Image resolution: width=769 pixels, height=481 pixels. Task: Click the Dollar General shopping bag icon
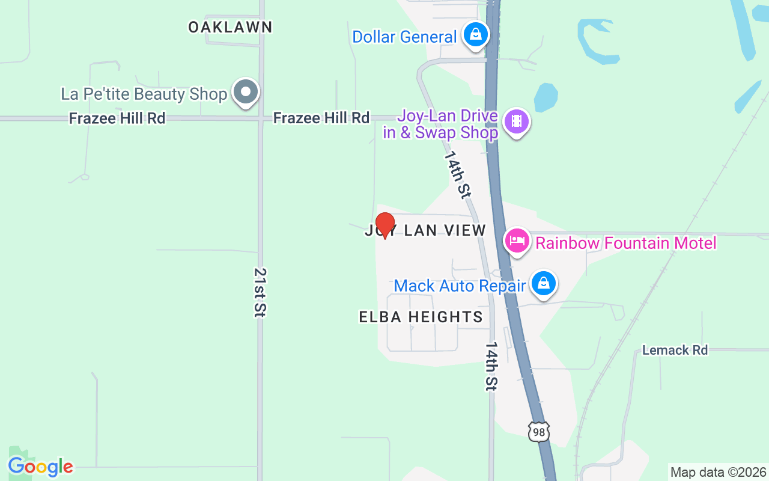(x=476, y=34)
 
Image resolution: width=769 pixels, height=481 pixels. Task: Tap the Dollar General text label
(x=404, y=37)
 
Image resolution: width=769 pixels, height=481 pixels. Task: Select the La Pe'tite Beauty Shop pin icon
(x=245, y=92)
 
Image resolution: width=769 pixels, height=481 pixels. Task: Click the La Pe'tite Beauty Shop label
(x=144, y=94)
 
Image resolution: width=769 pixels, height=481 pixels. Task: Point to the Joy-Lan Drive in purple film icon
(x=516, y=122)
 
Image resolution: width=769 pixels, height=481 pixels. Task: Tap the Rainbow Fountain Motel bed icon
(x=517, y=241)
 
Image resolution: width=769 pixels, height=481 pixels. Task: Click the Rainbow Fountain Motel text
(x=626, y=243)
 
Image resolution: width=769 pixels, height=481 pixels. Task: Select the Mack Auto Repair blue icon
(x=544, y=283)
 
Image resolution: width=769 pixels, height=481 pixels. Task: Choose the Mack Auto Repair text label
(x=460, y=286)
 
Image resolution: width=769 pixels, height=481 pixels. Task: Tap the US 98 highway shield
(x=539, y=432)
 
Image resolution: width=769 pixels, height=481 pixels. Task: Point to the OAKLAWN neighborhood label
(x=230, y=27)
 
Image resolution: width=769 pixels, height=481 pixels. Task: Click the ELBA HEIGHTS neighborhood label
(x=421, y=317)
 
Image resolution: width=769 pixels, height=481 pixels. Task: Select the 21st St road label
(x=260, y=292)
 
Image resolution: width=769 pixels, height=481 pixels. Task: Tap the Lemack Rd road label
(x=675, y=350)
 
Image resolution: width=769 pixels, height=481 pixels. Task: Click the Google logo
(x=40, y=467)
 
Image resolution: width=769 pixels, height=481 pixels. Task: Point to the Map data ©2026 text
(x=718, y=473)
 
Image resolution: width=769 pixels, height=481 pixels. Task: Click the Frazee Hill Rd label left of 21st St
(x=117, y=118)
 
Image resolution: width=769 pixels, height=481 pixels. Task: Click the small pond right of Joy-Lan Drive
(x=546, y=97)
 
